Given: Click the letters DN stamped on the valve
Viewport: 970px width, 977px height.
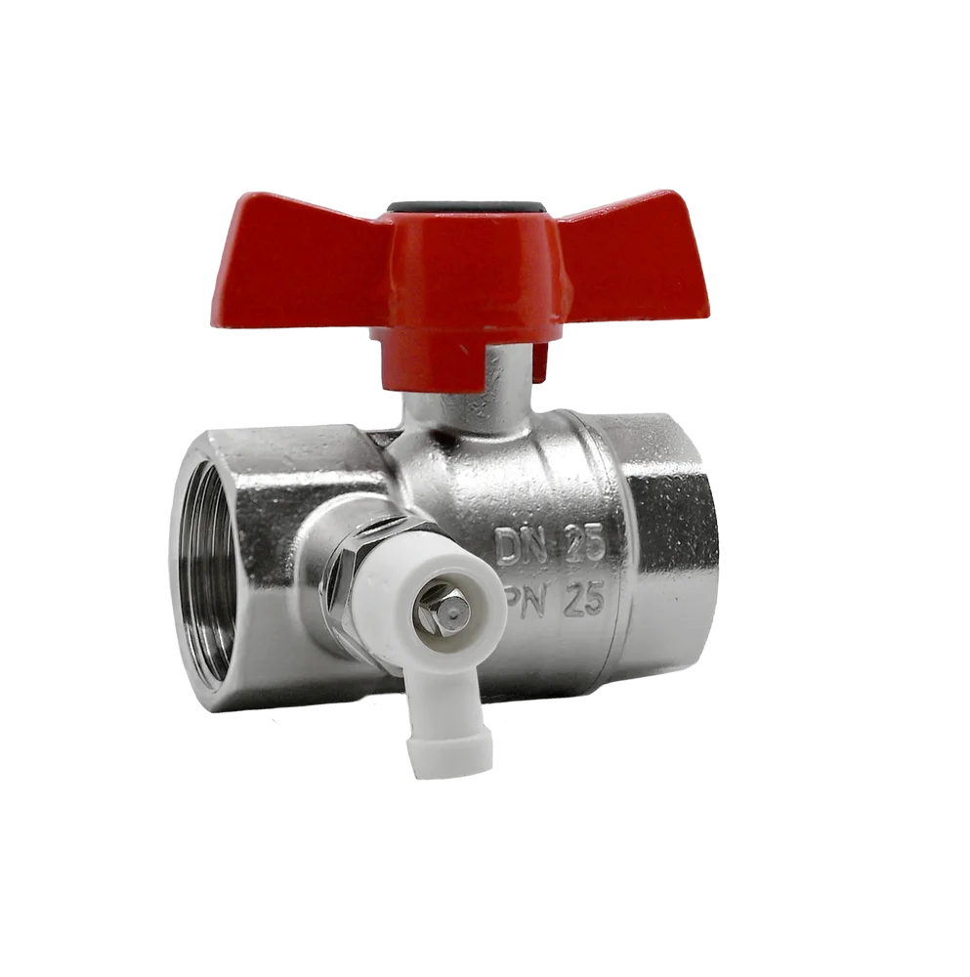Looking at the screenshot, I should point(519,544).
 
